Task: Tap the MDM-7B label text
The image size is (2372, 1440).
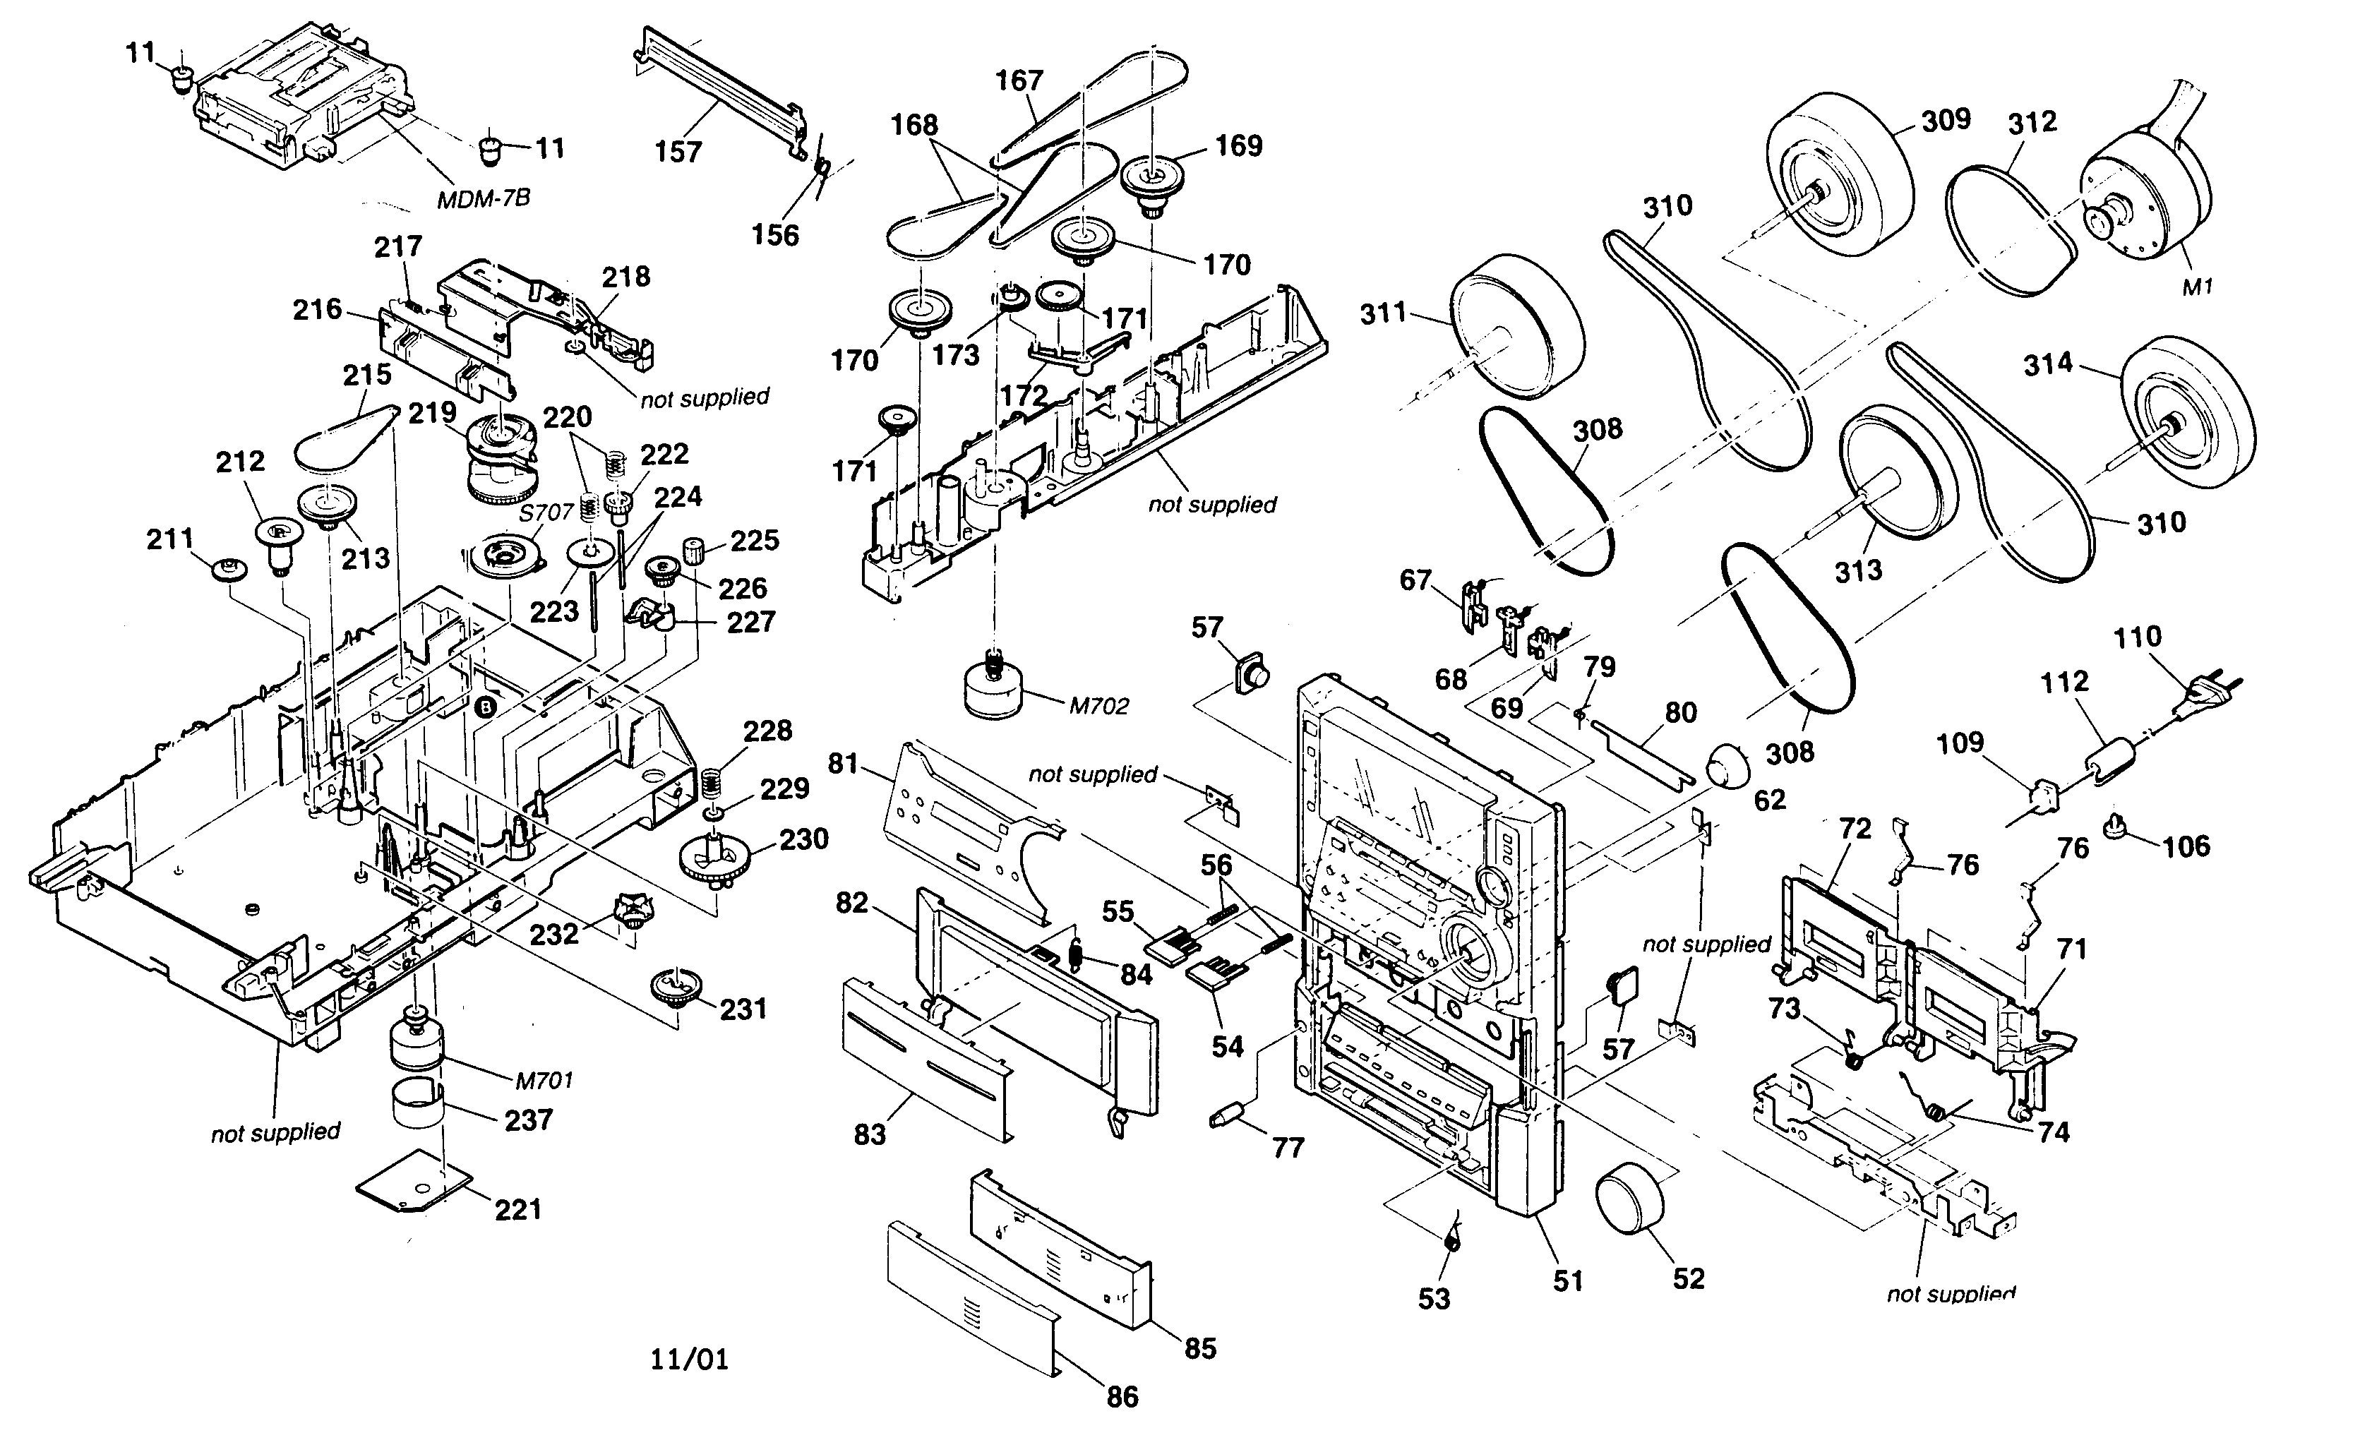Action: (x=484, y=199)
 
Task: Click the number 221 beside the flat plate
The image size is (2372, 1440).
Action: (x=518, y=1209)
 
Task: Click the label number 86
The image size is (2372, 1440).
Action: (x=1122, y=1397)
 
